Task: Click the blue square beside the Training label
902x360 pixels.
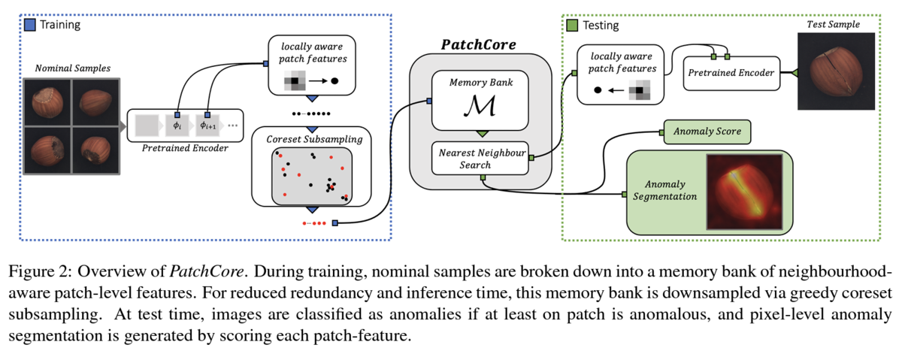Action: pos(31,25)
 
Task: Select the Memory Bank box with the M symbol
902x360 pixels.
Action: pos(481,101)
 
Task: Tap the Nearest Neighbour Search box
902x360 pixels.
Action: pos(481,157)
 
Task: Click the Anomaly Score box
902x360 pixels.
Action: pos(707,132)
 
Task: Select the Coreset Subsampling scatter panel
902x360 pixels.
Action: pos(311,176)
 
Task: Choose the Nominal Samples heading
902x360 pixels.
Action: pos(72,68)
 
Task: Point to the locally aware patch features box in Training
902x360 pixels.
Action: pos(311,65)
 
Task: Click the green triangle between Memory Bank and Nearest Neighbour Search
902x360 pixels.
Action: pos(481,134)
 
